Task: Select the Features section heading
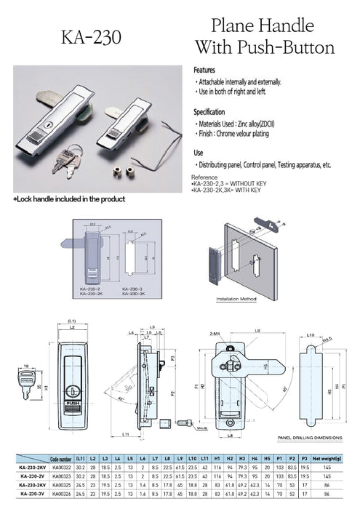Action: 204,70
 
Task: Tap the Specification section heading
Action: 210,113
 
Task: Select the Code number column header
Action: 61,460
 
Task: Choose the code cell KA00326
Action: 61,494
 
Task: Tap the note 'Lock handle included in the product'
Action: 70,199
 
